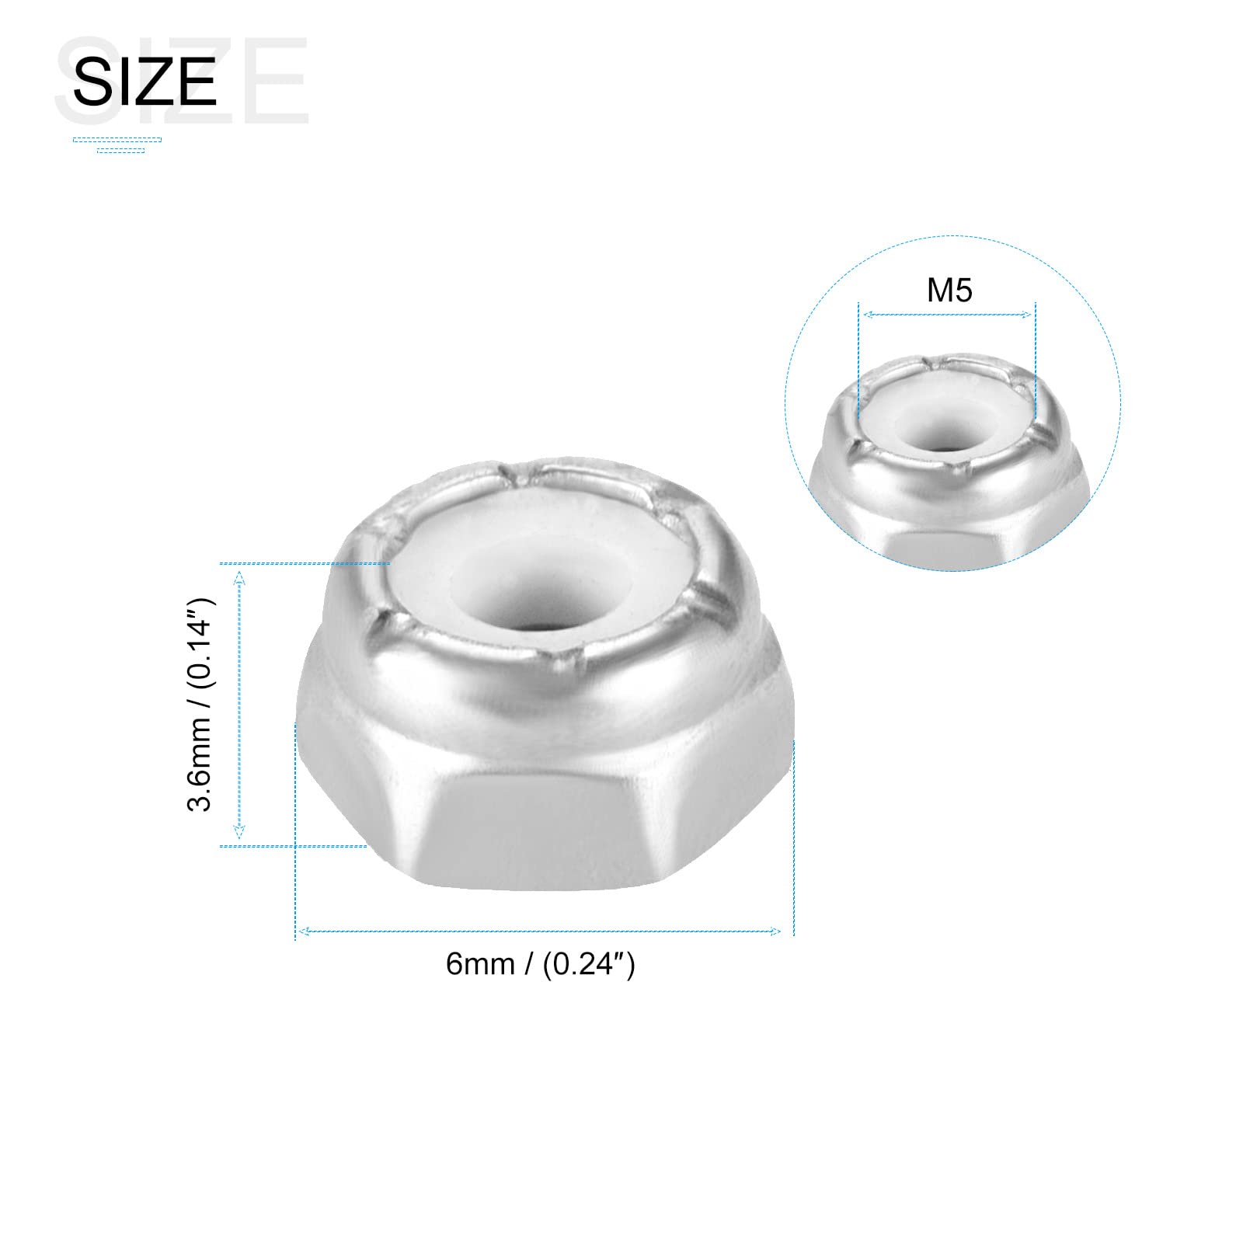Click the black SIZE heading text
(x=144, y=82)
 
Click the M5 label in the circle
(x=949, y=291)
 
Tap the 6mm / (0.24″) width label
(x=541, y=964)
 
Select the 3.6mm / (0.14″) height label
(x=200, y=705)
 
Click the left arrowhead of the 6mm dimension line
(x=304, y=931)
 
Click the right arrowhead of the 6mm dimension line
(x=776, y=931)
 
